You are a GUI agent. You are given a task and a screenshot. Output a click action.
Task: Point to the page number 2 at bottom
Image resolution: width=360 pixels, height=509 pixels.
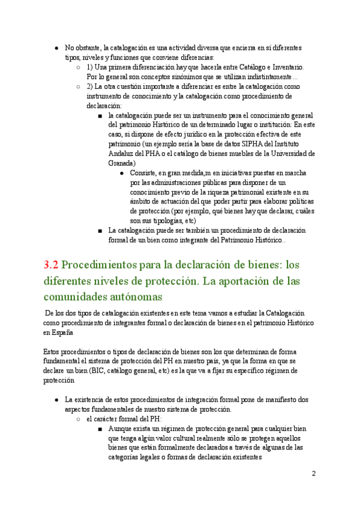click(x=314, y=474)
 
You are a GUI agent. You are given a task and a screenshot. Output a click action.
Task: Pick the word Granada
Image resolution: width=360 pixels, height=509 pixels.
click(x=122, y=163)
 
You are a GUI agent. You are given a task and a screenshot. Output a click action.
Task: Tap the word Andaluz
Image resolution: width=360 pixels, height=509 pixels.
click(x=123, y=153)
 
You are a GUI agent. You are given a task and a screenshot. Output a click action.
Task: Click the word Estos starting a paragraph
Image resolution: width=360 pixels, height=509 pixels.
click(x=53, y=351)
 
